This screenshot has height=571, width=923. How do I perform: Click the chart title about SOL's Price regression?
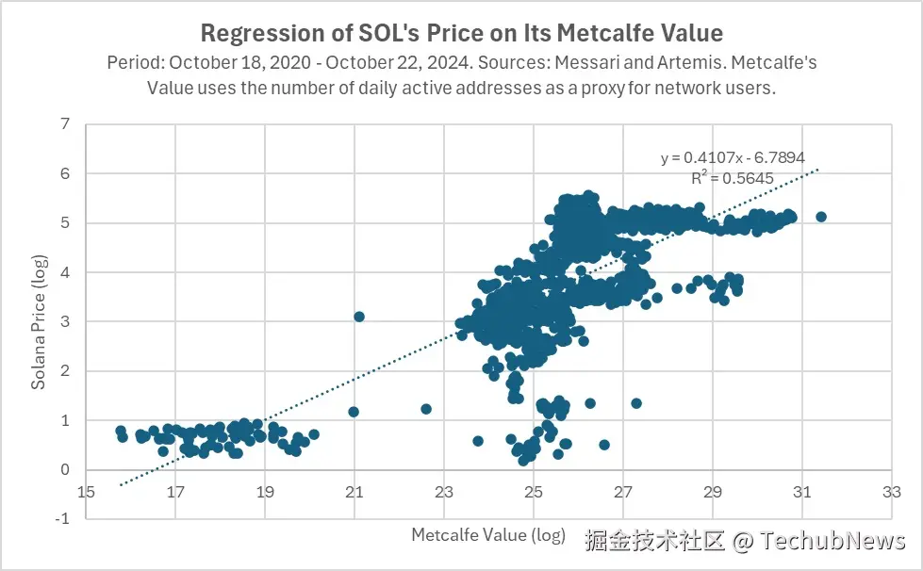pyautogui.click(x=461, y=34)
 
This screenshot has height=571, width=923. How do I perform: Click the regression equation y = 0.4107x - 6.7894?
pyautogui.click(x=733, y=157)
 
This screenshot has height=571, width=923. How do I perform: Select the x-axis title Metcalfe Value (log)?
pyautogui.click(x=488, y=535)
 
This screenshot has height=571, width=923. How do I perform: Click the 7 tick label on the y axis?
pyautogui.click(x=64, y=124)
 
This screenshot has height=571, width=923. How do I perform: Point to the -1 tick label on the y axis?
pyautogui.click(x=62, y=519)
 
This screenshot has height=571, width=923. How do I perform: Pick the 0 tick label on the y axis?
pyautogui.click(x=64, y=470)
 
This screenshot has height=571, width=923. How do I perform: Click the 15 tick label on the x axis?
pyautogui.click(x=86, y=492)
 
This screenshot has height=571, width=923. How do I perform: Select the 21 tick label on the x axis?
pyautogui.click(x=354, y=492)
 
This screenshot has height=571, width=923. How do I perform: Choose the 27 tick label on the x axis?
pyautogui.click(x=623, y=492)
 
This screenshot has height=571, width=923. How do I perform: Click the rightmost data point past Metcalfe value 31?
pyautogui.click(x=820, y=217)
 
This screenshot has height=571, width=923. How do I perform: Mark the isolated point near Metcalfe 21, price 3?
pyautogui.click(x=358, y=317)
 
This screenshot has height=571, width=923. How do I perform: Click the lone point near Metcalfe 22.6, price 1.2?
pyautogui.click(x=426, y=409)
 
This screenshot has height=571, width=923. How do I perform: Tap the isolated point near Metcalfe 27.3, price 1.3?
pyautogui.click(x=636, y=403)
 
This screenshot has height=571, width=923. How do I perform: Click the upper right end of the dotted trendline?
pyautogui.click(x=818, y=170)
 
